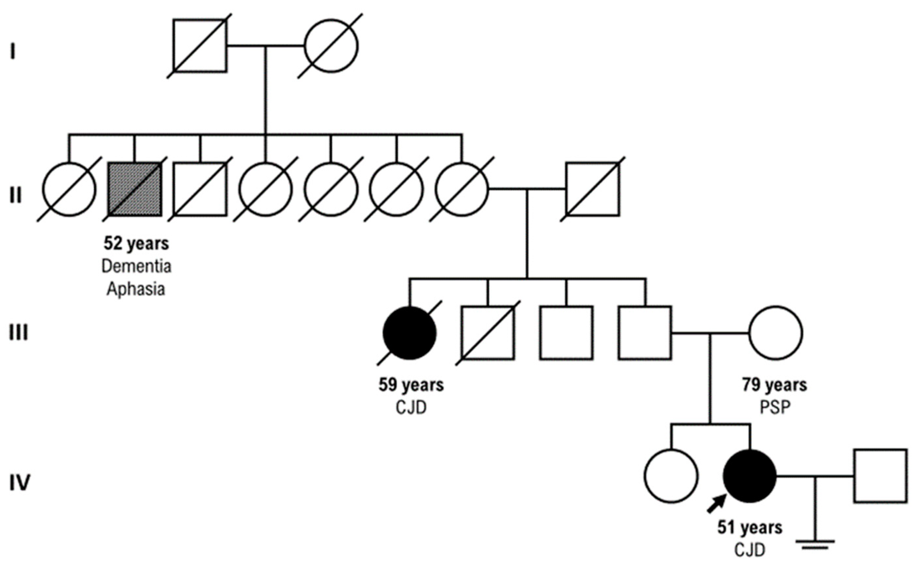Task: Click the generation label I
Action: pyautogui.click(x=13, y=52)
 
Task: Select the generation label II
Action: pyautogui.click(x=15, y=196)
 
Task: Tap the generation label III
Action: pyautogui.click(x=18, y=333)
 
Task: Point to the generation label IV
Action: pyautogui.click(x=19, y=483)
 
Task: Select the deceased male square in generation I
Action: pyautogui.click(x=200, y=46)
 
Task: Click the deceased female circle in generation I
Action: pyautogui.click(x=331, y=46)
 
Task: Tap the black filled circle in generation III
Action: pyautogui.click(x=410, y=333)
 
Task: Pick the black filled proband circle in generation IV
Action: pyautogui.click(x=750, y=476)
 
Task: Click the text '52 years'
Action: pyautogui.click(x=136, y=244)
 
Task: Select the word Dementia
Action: pyautogui.click(x=136, y=266)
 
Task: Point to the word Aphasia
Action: pyautogui.click(x=136, y=289)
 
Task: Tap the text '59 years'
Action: pyautogui.click(x=411, y=385)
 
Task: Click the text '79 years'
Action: pyautogui.click(x=775, y=385)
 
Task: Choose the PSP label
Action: pyautogui.click(x=775, y=408)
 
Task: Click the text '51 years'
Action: pyautogui.click(x=750, y=528)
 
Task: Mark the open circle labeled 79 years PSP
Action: pyautogui.click(x=775, y=333)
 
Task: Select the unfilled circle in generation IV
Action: pyautogui.click(x=671, y=476)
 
